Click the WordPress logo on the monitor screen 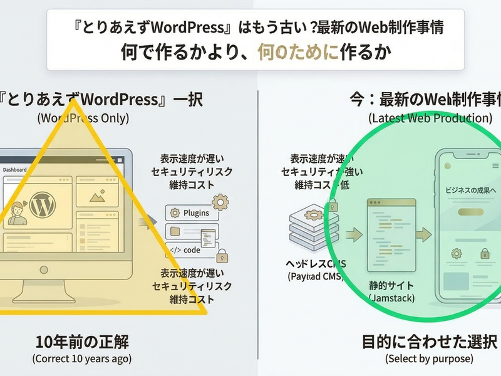(43, 204)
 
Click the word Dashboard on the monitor (15, 170)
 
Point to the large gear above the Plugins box (220, 201)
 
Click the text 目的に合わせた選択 (430, 343)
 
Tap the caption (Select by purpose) (430, 359)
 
